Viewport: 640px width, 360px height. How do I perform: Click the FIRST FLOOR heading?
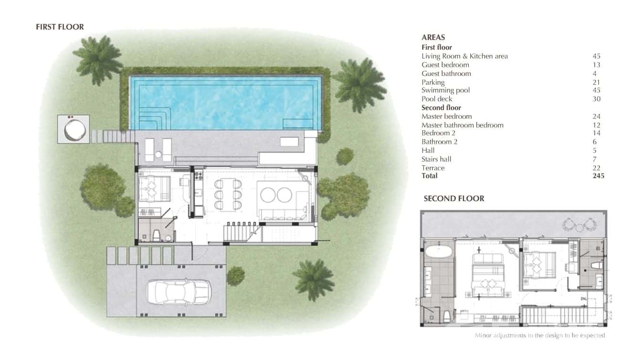click(60, 27)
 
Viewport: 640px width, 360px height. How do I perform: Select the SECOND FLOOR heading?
click(454, 198)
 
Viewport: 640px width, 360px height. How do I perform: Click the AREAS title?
click(433, 37)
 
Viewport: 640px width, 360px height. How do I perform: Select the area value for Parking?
click(596, 82)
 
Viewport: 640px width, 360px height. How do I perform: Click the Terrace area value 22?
click(596, 168)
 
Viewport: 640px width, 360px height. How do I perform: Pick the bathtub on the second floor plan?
click(438, 252)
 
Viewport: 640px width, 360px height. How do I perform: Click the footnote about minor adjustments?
click(540, 335)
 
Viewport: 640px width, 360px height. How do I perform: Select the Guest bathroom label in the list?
click(446, 74)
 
